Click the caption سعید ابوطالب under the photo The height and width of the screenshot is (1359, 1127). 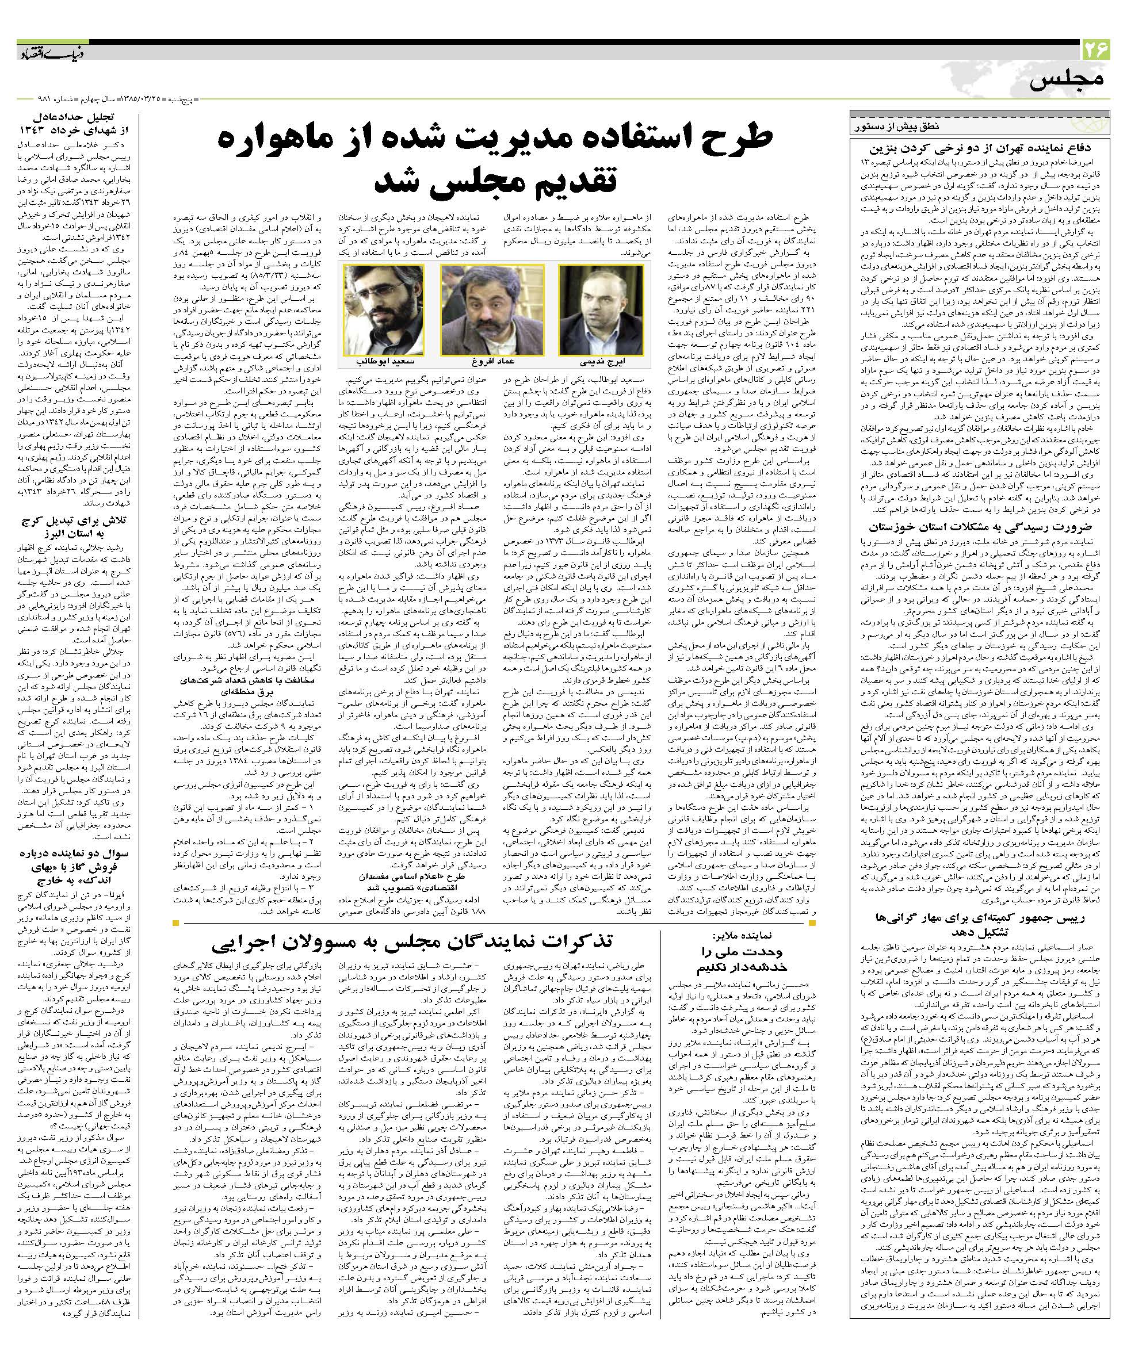point(381,361)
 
